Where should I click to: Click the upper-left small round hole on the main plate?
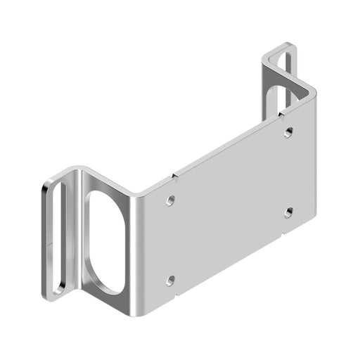click(170, 201)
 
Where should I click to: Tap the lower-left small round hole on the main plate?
click(170, 280)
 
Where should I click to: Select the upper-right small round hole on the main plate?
click(288, 131)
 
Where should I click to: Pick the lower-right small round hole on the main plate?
click(288, 212)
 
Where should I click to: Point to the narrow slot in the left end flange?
click(56, 236)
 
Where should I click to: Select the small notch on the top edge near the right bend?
click(279, 111)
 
